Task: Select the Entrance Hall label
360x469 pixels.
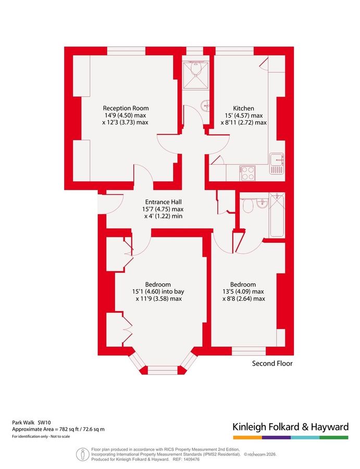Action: [x=163, y=201]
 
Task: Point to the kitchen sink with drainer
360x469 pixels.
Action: [x=277, y=163]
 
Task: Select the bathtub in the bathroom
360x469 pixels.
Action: [x=277, y=214]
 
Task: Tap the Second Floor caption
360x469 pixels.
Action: [x=272, y=363]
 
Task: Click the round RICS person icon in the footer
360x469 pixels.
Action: [x=82, y=454]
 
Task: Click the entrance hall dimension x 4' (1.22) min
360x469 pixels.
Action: [x=163, y=216]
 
